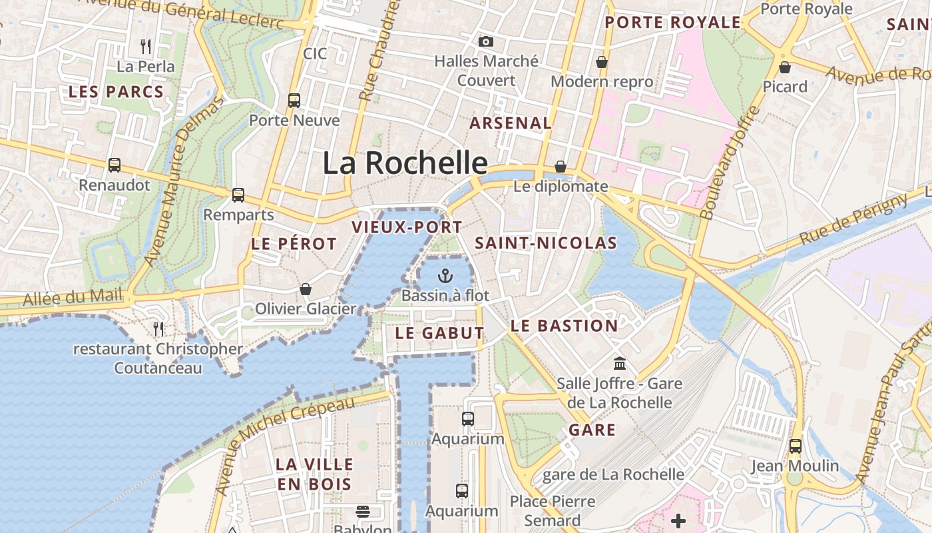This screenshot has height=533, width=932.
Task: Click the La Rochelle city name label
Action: (405, 163)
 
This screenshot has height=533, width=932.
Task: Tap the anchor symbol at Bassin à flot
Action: (445, 275)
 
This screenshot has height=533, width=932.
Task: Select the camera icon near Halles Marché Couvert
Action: (486, 41)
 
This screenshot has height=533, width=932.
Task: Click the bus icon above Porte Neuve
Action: (294, 101)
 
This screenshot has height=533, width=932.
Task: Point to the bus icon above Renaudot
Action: (115, 165)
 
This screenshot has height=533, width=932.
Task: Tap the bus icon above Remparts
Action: (238, 195)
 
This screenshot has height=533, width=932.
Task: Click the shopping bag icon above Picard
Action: (785, 67)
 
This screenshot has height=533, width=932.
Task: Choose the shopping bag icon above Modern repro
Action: (602, 62)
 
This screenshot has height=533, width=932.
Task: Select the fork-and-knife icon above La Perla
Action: (146, 47)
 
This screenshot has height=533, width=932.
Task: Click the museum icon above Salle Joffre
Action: (620, 364)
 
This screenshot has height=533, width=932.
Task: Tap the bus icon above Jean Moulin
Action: (796, 446)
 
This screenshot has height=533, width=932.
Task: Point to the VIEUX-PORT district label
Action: (407, 227)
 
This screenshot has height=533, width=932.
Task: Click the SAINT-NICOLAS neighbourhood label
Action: (546, 243)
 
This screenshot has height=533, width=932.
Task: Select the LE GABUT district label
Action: (439, 333)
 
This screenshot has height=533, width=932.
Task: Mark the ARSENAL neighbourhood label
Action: (511, 123)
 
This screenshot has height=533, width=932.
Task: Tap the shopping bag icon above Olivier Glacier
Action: (306, 289)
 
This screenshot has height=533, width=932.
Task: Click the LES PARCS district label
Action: (116, 92)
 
